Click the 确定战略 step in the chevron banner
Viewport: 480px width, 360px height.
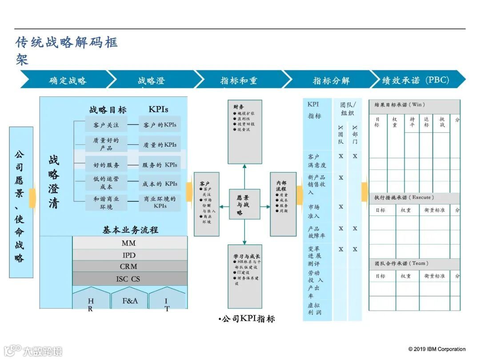point(68,80)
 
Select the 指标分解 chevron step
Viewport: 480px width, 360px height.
point(331,80)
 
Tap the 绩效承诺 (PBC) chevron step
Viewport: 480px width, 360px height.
point(416,80)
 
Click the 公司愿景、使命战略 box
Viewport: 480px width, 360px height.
point(21,202)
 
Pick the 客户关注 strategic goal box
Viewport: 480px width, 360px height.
point(106,125)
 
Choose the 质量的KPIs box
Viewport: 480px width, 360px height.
point(160,144)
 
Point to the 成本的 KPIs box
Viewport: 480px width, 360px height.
point(160,184)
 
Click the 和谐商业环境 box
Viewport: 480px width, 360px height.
point(106,203)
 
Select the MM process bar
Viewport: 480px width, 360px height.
point(129,243)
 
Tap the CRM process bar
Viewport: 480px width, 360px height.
point(129,267)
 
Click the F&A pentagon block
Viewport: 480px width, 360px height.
point(130,300)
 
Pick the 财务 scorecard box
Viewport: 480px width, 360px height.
point(244,132)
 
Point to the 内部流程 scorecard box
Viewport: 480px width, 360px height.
point(283,204)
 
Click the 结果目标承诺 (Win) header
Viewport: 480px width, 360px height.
point(414,105)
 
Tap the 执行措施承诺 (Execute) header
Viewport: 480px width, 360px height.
point(414,197)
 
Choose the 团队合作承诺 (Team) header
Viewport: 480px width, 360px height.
point(414,264)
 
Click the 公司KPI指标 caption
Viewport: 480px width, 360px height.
point(247,319)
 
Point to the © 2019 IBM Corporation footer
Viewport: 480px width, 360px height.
point(437,349)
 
